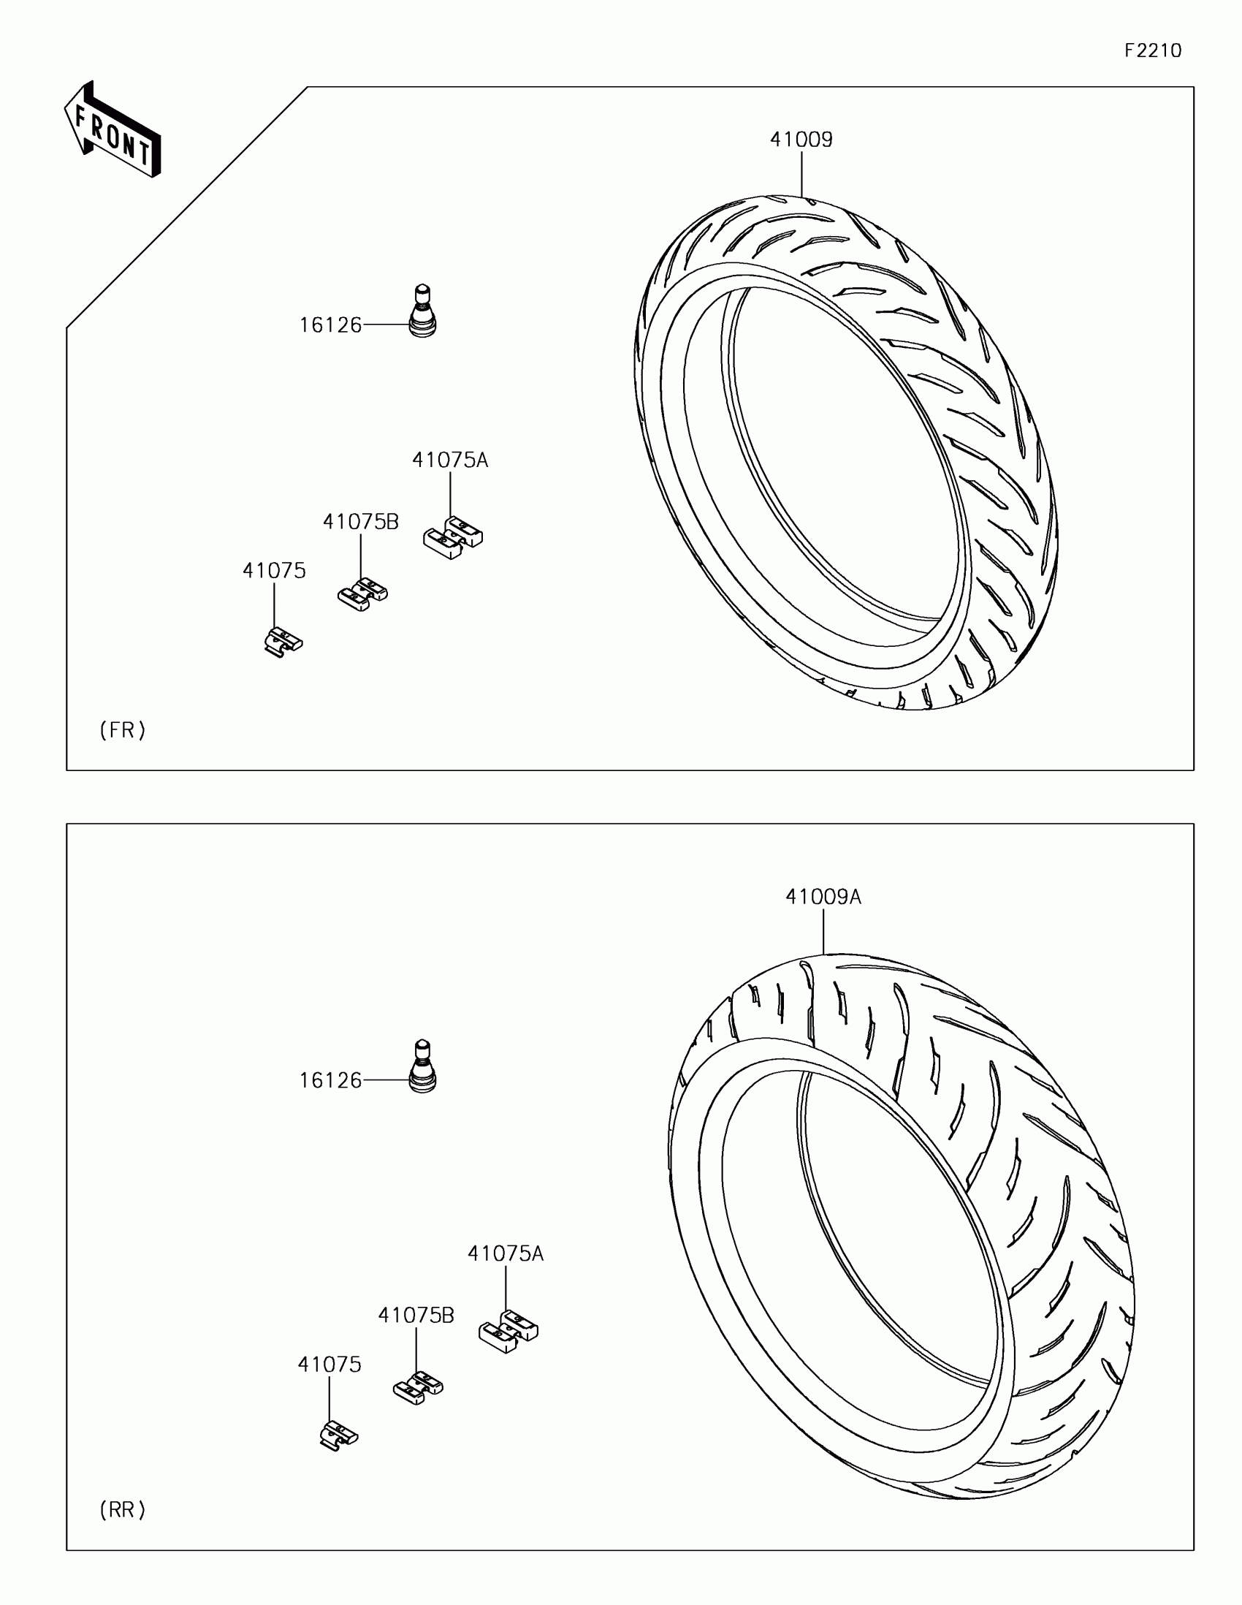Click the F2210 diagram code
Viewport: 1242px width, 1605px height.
(x=1152, y=50)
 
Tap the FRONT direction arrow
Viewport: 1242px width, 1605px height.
(x=113, y=130)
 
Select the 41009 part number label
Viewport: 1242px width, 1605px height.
(x=801, y=140)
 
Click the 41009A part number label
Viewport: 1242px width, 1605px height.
(x=823, y=897)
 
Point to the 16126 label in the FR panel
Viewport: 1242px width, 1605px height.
(x=330, y=325)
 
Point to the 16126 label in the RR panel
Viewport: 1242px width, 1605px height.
(x=330, y=1080)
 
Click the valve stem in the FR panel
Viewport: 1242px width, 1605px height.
(x=422, y=311)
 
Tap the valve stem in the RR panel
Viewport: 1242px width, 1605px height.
(x=422, y=1067)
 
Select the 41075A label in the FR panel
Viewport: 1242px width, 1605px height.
(x=449, y=460)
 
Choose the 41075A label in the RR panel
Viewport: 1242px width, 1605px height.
(x=506, y=1253)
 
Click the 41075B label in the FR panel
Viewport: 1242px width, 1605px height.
(x=361, y=522)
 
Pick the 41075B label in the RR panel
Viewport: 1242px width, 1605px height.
(x=416, y=1315)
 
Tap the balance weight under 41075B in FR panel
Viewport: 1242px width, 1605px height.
(x=362, y=594)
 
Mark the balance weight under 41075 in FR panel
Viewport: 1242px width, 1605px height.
(x=283, y=641)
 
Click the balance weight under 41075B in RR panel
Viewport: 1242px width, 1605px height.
(x=418, y=1387)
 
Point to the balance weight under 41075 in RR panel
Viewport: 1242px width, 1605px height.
(x=338, y=1434)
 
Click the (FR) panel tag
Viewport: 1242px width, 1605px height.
(x=123, y=729)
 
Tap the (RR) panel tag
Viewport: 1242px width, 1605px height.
(x=123, y=1509)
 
